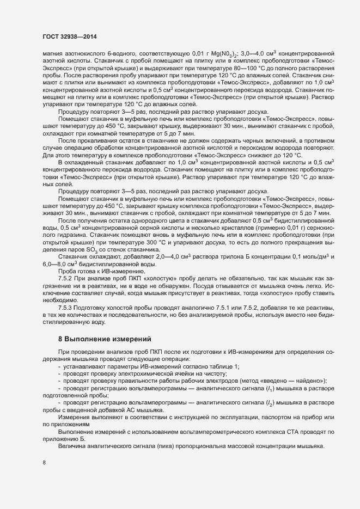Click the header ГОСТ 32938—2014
pos(66,35)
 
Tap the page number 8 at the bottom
pos(44,463)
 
